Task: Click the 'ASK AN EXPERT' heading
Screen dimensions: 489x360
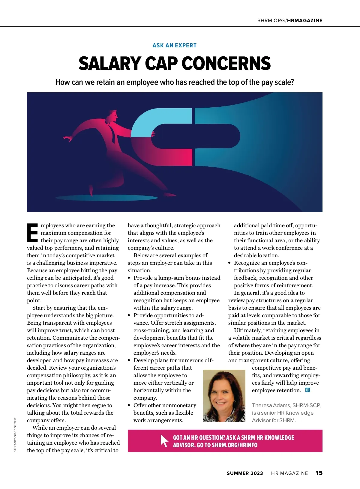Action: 174,46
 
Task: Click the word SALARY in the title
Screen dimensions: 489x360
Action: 109,64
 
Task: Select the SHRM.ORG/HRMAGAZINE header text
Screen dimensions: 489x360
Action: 290,21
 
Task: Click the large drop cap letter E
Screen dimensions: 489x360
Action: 32,233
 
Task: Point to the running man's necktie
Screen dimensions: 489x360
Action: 112,133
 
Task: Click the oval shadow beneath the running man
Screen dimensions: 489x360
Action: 106,198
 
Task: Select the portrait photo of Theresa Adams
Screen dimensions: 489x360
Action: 224,396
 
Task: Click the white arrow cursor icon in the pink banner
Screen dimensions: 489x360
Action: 164,441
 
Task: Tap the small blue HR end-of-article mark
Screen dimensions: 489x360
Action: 307,390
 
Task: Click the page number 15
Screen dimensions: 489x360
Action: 319,473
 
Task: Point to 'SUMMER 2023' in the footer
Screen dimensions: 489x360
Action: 245,473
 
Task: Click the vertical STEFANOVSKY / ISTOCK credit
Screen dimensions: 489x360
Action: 15,435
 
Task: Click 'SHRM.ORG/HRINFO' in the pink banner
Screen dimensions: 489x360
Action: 234,445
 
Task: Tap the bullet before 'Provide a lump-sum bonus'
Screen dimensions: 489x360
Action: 129,278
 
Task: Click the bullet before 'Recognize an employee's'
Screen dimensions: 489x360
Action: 229,263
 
